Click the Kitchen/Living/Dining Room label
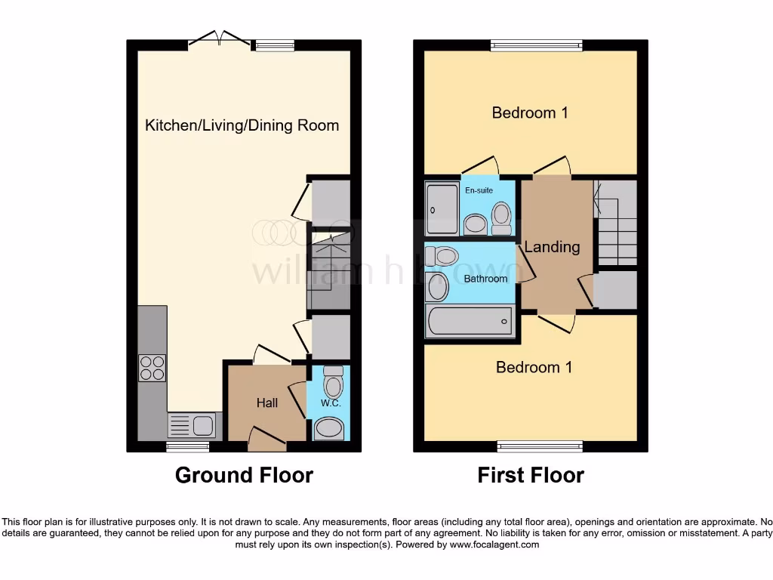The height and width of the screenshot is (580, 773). tap(242, 125)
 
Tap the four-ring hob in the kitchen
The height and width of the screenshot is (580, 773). tap(152, 368)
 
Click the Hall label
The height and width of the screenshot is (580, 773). tap(266, 403)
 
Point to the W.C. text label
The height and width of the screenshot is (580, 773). tap(331, 403)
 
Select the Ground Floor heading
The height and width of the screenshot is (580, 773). tap(244, 475)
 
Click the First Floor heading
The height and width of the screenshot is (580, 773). tap(531, 475)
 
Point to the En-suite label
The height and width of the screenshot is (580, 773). tap(479, 190)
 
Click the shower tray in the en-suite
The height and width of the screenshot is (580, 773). tap(442, 208)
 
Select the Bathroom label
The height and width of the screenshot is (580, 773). tap(485, 279)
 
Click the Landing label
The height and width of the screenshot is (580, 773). tap(552, 247)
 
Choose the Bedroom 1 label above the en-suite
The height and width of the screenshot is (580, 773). tap(530, 113)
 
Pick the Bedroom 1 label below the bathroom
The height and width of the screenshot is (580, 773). tap(534, 367)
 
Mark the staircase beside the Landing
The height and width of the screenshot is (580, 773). tap(617, 223)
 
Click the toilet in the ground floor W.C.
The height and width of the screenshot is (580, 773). tap(332, 384)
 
